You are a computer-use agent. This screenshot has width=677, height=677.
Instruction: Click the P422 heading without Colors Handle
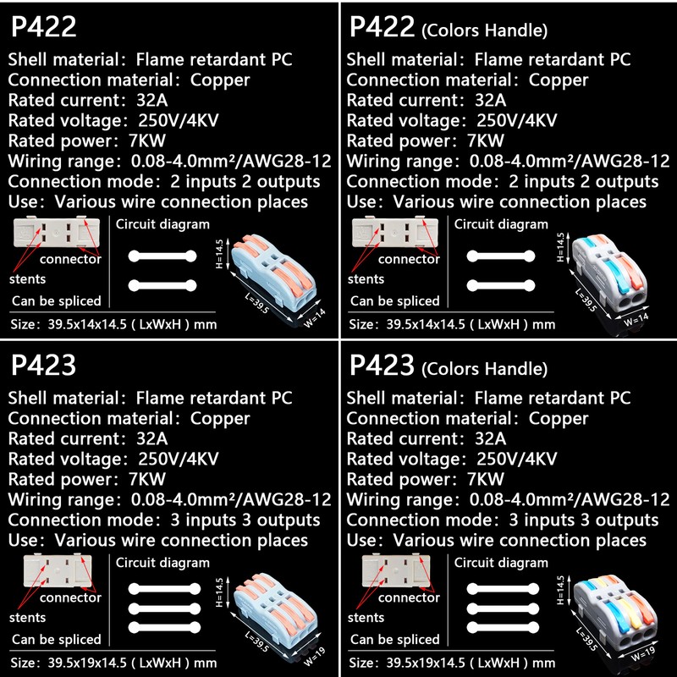tap(44, 27)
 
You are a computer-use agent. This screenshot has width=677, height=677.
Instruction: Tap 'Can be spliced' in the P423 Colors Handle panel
tap(394, 640)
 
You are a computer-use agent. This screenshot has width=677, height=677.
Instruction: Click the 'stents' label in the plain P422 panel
tap(29, 278)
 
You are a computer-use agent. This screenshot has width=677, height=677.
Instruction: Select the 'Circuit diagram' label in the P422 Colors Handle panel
tap(501, 224)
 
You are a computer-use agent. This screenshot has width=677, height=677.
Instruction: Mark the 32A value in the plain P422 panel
tap(152, 100)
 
